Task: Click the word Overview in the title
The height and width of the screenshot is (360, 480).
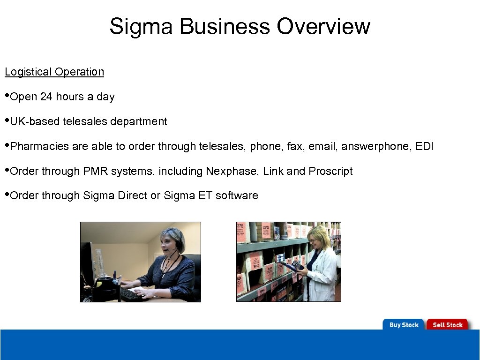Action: (x=323, y=27)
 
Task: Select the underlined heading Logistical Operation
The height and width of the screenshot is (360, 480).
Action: (x=54, y=72)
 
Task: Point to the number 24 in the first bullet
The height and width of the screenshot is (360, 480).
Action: (x=46, y=97)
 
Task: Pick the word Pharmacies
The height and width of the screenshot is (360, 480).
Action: (x=39, y=146)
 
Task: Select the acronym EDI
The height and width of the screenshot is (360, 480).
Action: (x=425, y=146)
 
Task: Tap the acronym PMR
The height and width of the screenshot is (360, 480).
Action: (x=94, y=171)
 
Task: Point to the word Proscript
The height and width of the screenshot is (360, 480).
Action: (x=330, y=171)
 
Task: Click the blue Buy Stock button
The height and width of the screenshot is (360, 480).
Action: (x=404, y=324)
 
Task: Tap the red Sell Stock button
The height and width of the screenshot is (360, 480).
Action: (x=447, y=324)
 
